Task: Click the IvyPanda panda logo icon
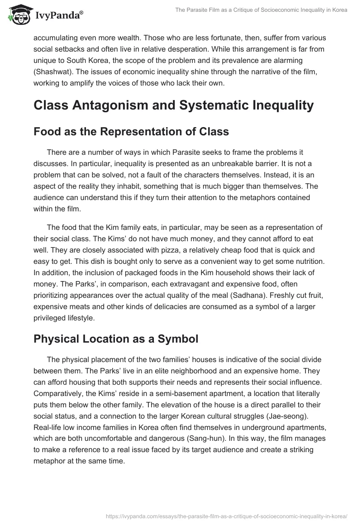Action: click(18, 15)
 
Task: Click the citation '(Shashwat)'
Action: click(52, 72)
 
